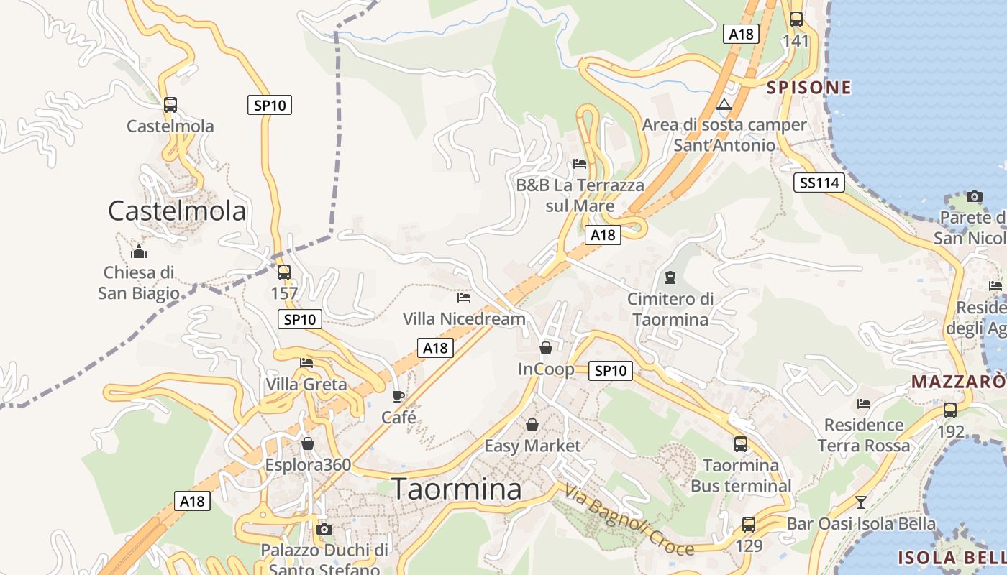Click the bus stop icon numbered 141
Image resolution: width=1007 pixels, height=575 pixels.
click(796, 19)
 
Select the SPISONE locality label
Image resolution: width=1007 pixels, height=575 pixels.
click(809, 88)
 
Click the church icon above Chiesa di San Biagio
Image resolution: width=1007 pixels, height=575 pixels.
click(139, 252)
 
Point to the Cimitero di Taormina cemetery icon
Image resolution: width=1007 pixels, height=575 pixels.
click(670, 277)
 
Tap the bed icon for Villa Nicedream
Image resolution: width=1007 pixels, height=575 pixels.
click(464, 296)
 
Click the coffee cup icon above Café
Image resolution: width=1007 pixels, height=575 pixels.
click(398, 396)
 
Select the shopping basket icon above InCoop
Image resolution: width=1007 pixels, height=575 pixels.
click(546, 348)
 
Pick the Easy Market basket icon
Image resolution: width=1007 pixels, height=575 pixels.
click(532, 425)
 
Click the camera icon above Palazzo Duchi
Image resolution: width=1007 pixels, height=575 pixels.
click(324, 530)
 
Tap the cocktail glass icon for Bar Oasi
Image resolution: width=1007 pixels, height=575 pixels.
click(861, 502)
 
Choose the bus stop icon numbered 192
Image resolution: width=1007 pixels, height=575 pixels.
click(950, 410)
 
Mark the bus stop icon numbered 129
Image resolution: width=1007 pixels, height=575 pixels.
click(749, 525)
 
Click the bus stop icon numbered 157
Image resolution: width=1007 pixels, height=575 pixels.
click(284, 272)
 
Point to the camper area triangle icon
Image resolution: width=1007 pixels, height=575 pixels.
click(724, 105)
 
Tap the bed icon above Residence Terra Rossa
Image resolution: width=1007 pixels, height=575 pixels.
click(864, 404)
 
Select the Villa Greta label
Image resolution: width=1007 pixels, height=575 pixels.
click(306, 384)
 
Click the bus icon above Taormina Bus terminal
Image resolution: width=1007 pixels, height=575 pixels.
click(741, 443)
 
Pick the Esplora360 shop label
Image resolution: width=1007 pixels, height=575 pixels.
click(308, 464)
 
